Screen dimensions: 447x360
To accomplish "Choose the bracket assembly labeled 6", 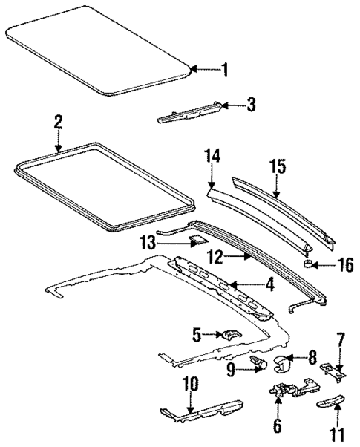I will coord(284,390).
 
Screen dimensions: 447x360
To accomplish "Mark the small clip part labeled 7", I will coord(330,369).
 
